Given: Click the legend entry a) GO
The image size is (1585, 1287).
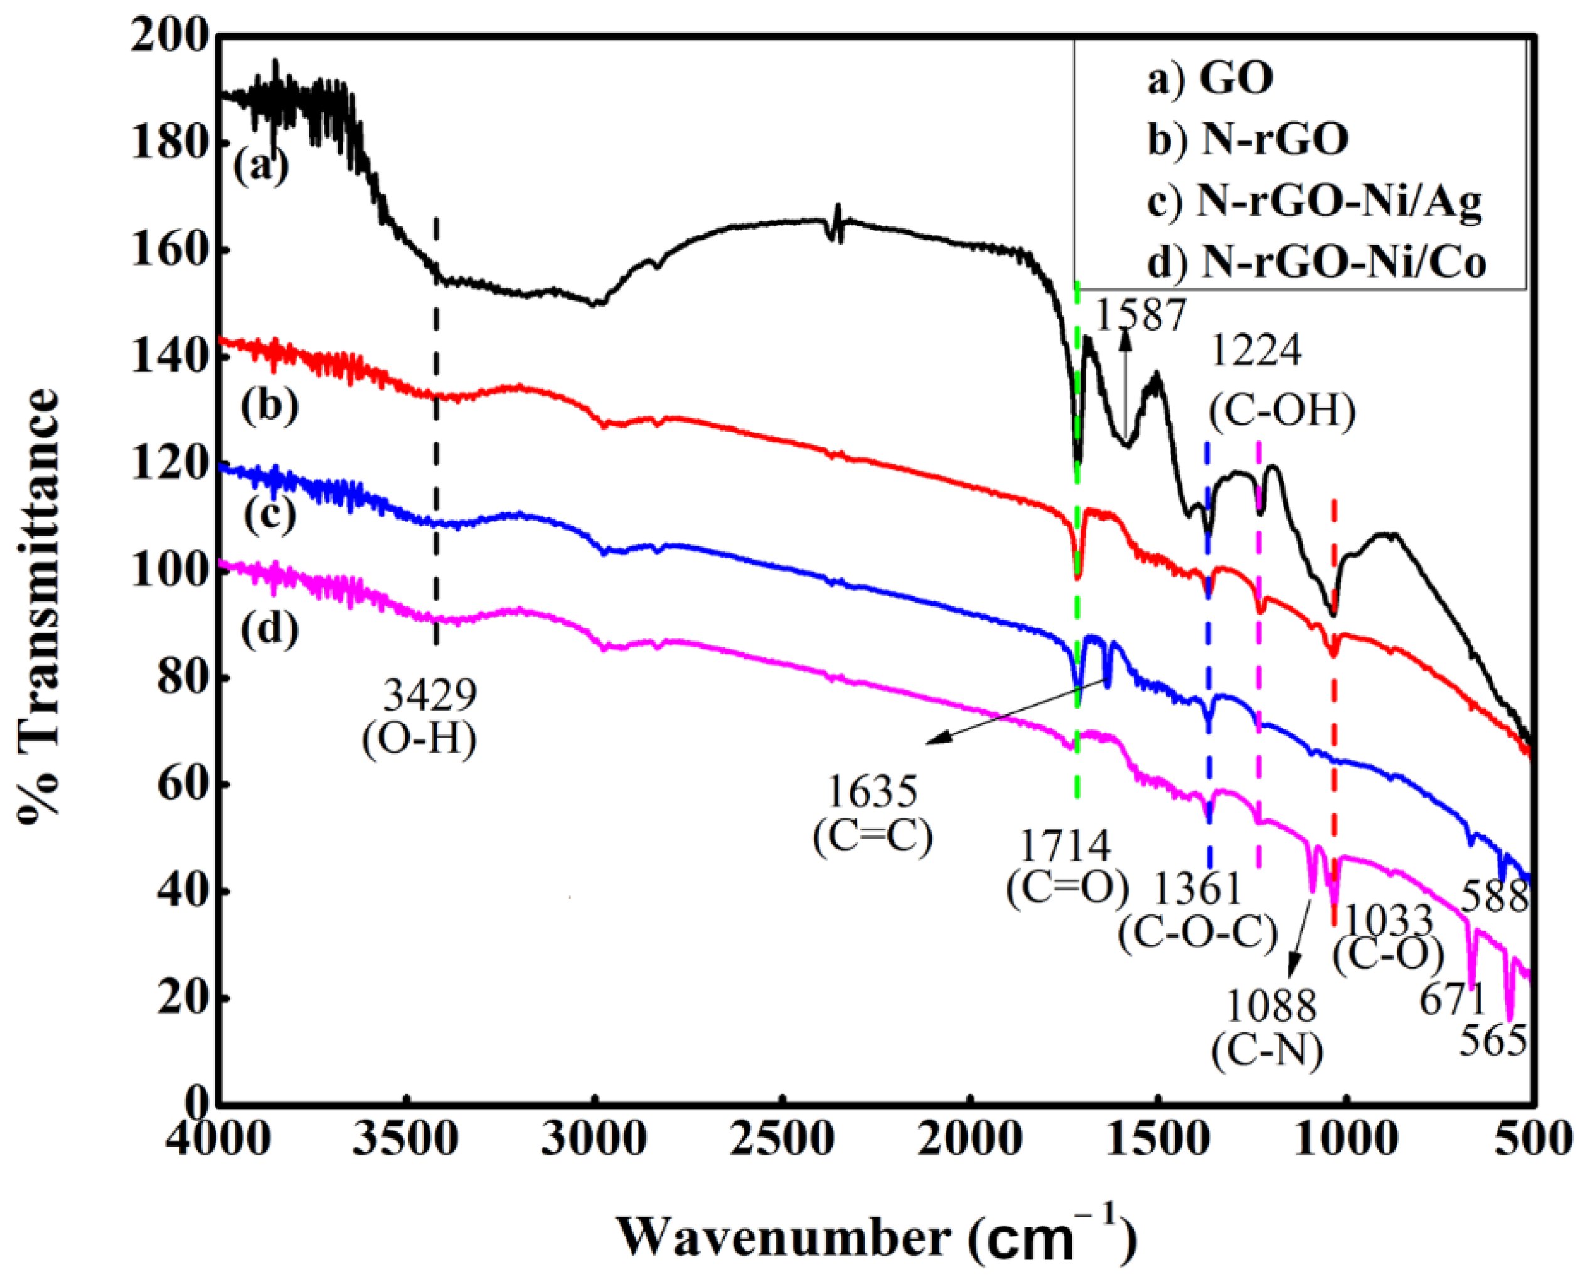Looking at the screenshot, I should tap(1210, 78).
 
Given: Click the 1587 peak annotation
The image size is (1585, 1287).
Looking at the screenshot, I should tap(1141, 314).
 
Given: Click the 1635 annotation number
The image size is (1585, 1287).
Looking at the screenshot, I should tap(872, 791).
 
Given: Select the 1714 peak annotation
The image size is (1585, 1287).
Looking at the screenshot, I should tap(1067, 845).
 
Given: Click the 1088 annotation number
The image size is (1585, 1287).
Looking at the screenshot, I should tap(1271, 1006).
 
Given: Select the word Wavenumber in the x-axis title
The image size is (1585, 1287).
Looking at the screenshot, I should tap(783, 1236).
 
